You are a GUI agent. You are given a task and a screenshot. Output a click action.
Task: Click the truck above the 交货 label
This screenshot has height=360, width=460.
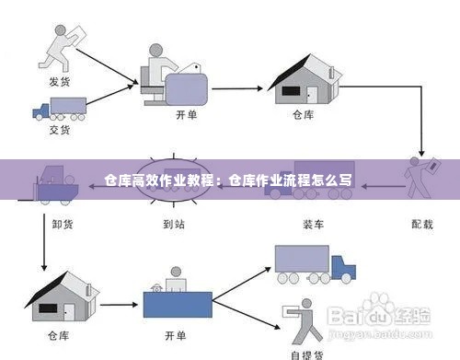click(59, 108)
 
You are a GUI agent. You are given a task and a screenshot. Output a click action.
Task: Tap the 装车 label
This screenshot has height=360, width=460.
click(310, 222)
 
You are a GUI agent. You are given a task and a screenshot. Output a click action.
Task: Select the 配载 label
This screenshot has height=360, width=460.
click(423, 222)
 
